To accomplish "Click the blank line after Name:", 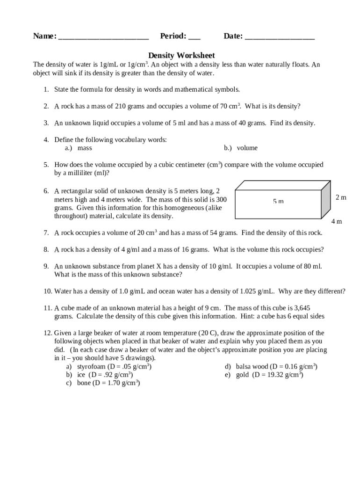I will tap(103, 37).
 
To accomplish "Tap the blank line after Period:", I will tap(194, 37).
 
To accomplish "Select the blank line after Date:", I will tap(280, 37).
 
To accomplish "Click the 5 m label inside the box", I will tap(278, 201).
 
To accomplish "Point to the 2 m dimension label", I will tap(341, 197).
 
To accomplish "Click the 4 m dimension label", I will tap(337, 221).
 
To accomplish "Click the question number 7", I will tap(46, 233).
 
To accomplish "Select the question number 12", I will tap(47, 333).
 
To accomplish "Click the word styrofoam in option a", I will tap(91, 367).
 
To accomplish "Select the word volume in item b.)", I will tap(247, 148).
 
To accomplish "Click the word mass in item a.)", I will tap(85, 148).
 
